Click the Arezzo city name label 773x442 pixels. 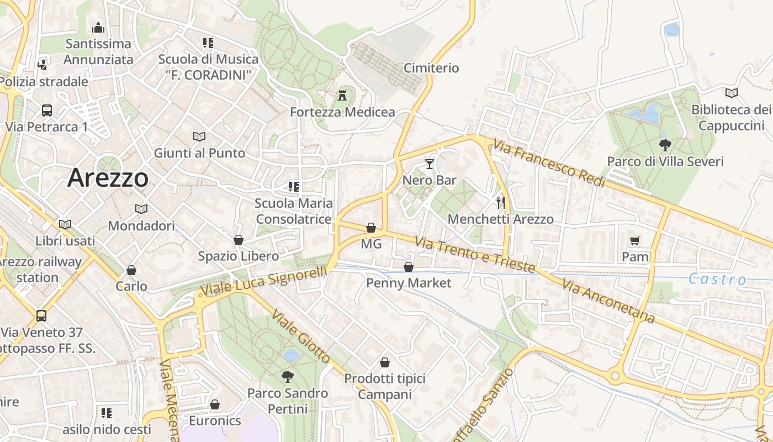108,178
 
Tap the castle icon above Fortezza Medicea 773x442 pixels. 343,96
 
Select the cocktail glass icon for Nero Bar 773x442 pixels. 430,164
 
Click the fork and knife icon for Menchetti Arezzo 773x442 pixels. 500,202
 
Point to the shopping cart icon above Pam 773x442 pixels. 634,240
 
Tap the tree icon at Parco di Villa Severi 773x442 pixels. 665,145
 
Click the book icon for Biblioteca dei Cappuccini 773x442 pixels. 732,93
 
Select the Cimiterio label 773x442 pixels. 431,68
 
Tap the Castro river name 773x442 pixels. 717,279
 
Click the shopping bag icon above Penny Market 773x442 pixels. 409,267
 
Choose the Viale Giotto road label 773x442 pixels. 301,336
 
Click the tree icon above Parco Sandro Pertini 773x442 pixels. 287,377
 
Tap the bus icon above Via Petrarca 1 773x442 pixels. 47,110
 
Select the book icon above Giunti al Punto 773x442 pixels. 199,136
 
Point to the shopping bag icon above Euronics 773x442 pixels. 215,404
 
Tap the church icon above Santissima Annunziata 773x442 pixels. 98,27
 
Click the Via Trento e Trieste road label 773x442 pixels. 475,255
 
